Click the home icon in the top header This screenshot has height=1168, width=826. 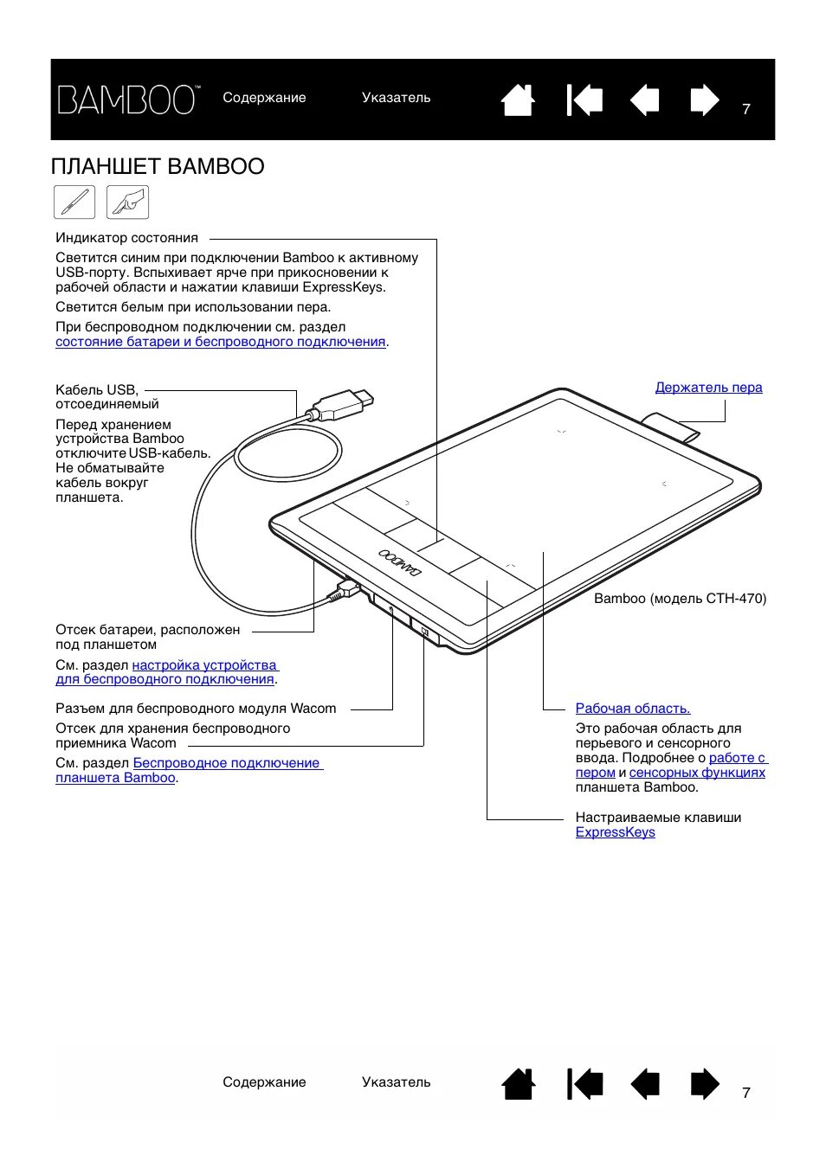(518, 100)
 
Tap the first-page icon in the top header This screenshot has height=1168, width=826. (584, 100)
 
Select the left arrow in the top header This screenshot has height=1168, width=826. (645, 100)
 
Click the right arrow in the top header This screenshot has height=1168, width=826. (704, 100)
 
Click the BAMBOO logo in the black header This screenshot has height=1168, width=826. (128, 100)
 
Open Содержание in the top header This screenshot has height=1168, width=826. (264, 98)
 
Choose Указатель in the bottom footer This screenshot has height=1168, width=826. (396, 1082)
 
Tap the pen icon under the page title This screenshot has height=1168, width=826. (74, 202)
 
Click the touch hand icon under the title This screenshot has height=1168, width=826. (127, 202)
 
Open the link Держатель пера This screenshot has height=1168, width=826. (708, 388)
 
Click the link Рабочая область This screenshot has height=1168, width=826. (632, 709)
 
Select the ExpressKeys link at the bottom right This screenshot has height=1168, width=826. (615, 832)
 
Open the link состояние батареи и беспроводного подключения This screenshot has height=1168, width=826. (220, 342)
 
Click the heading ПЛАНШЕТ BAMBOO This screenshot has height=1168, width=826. (158, 166)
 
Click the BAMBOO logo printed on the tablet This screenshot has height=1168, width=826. (400, 563)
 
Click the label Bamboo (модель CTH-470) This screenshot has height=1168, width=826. (680, 599)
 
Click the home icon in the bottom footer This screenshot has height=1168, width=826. (518, 1084)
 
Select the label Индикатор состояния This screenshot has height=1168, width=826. (126, 238)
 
